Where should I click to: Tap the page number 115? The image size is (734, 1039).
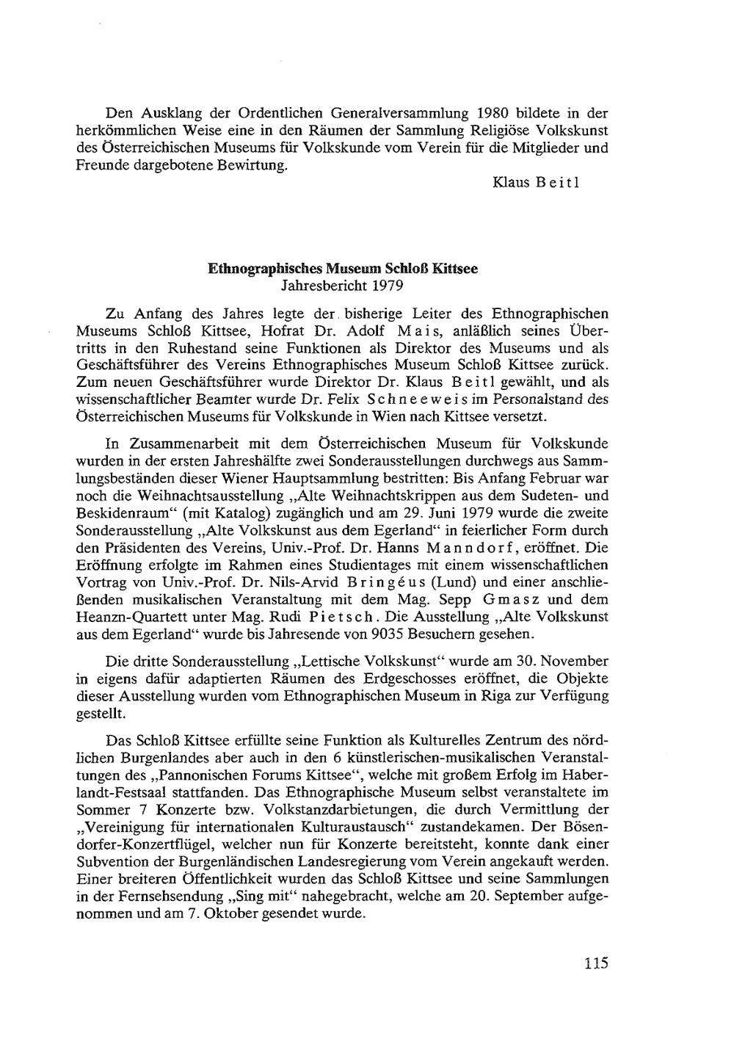[596, 963]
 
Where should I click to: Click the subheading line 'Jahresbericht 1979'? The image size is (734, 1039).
[343, 284]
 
